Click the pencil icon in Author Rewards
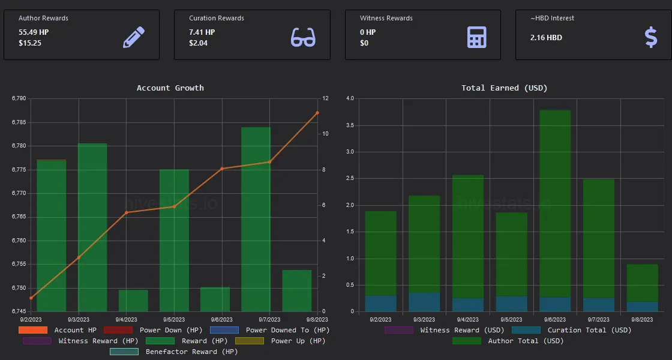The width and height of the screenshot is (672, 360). click(x=134, y=37)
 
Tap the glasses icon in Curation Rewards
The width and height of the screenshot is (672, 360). click(x=303, y=37)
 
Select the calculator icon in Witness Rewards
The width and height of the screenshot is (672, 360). click(x=476, y=37)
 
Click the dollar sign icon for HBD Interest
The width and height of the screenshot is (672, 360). click(x=651, y=37)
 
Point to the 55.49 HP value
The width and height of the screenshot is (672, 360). click(x=34, y=32)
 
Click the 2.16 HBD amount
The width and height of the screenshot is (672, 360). click(x=545, y=38)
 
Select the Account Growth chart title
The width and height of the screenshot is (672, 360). click(x=170, y=88)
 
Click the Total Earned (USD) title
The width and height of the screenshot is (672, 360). click(x=505, y=88)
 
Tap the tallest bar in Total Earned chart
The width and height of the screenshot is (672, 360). click(x=555, y=210)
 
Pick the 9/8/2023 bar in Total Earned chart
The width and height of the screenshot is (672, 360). click(x=642, y=288)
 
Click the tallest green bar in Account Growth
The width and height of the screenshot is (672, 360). click(x=256, y=219)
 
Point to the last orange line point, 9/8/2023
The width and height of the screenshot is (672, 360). click(x=317, y=113)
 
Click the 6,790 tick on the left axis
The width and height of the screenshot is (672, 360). click(x=19, y=98)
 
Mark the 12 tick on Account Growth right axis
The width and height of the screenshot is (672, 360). click(x=325, y=98)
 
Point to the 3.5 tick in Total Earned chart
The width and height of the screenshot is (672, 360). click(x=350, y=125)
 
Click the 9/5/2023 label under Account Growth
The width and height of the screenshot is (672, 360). click(x=174, y=319)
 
